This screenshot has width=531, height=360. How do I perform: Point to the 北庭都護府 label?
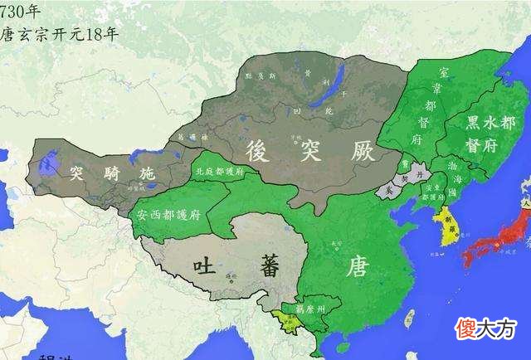point(218,172)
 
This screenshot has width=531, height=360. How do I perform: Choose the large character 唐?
point(358,266)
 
